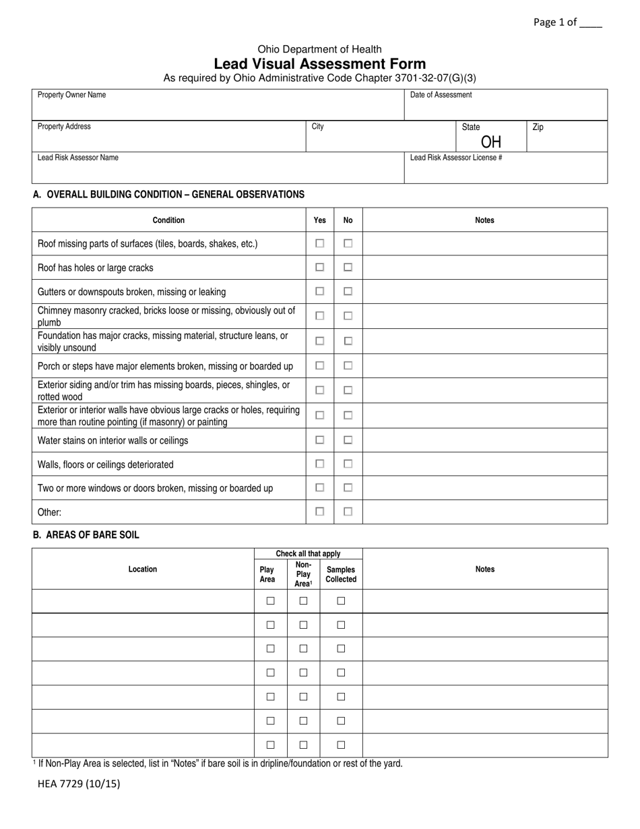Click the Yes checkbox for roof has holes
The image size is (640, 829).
(320, 268)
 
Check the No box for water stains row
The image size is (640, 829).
(348, 440)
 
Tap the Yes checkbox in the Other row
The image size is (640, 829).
(320, 512)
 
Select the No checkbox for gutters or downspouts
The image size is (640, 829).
(348, 291)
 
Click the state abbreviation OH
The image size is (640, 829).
(491, 142)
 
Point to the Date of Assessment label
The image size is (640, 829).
(441, 95)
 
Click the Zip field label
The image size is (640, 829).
(538, 127)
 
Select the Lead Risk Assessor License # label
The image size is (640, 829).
(456, 158)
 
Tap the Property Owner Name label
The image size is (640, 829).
(71, 95)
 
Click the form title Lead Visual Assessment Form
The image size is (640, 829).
(319, 64)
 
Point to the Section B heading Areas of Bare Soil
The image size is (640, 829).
(86, 535)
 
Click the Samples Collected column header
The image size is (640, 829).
(341, 574)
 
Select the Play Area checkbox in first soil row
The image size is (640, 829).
(270, 601)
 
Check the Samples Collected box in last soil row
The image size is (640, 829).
(341, 745)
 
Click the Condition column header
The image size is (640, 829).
(168, 220)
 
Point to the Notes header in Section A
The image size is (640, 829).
(484, 220)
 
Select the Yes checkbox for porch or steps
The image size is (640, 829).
(320, 365)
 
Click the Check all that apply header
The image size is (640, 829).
(308, 554)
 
